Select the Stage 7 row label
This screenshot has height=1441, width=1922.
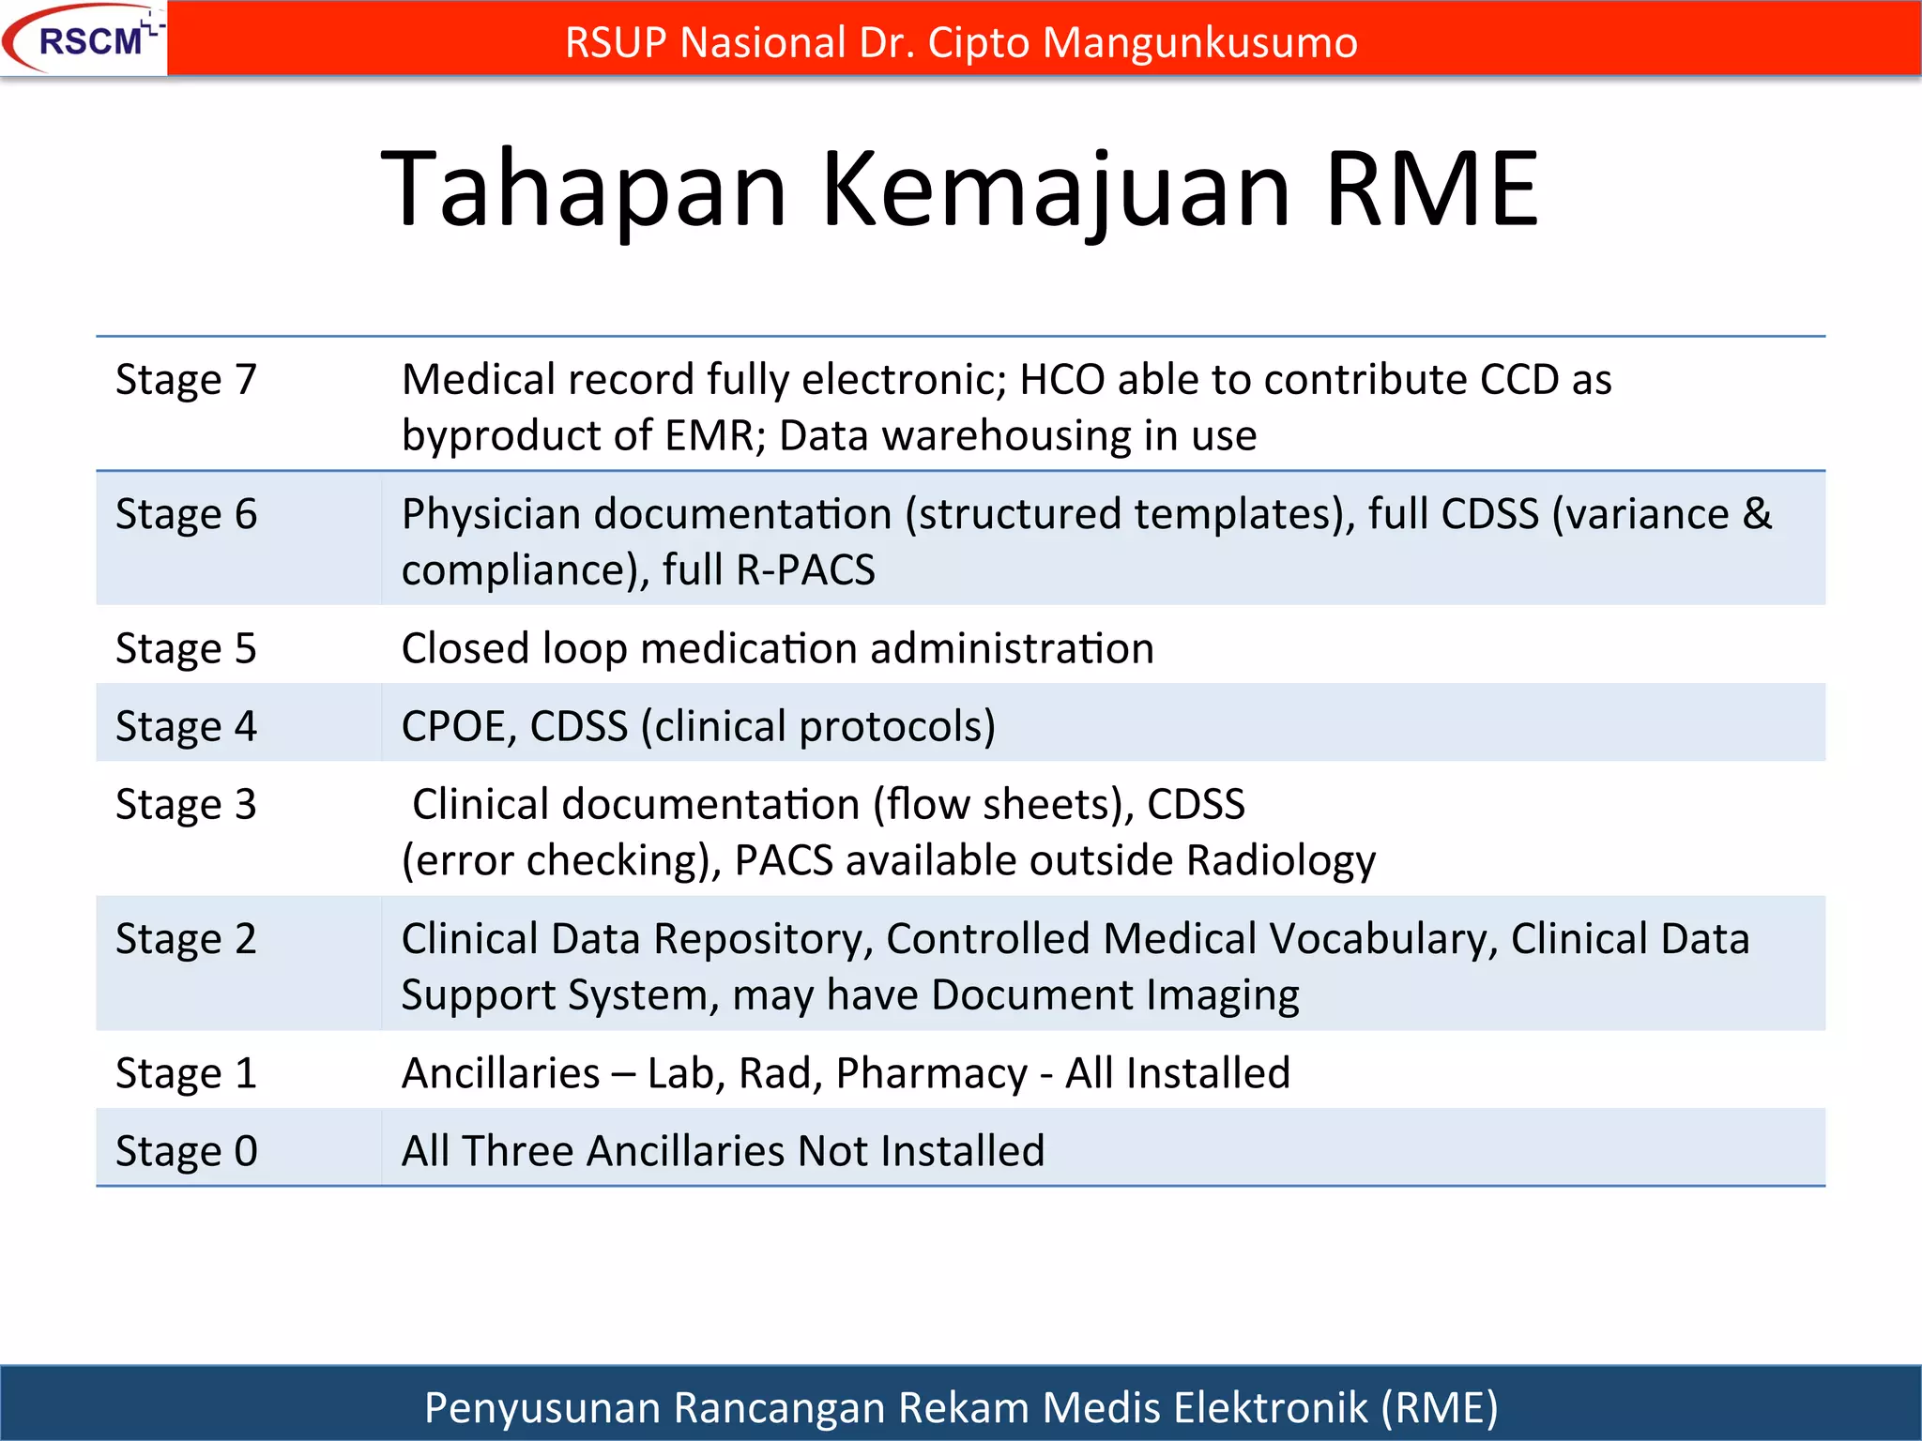[x=186, y=380]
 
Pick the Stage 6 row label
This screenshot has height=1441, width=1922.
[x=186, y=514]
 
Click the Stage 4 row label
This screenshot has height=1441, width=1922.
[x=186, y=727]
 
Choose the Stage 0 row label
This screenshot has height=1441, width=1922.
[x=186, y=1151]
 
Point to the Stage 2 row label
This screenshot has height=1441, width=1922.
[x=186, y=939]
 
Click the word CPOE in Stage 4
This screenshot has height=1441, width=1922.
[x=458, y=727]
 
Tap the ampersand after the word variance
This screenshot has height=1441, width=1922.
[x=1758, y=514]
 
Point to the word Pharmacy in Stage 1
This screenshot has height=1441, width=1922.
[x=931, y=1074]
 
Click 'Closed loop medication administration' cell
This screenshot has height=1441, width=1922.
[x=777, y=649]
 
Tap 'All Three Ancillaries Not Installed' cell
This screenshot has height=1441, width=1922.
[x=723, y=1151]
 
